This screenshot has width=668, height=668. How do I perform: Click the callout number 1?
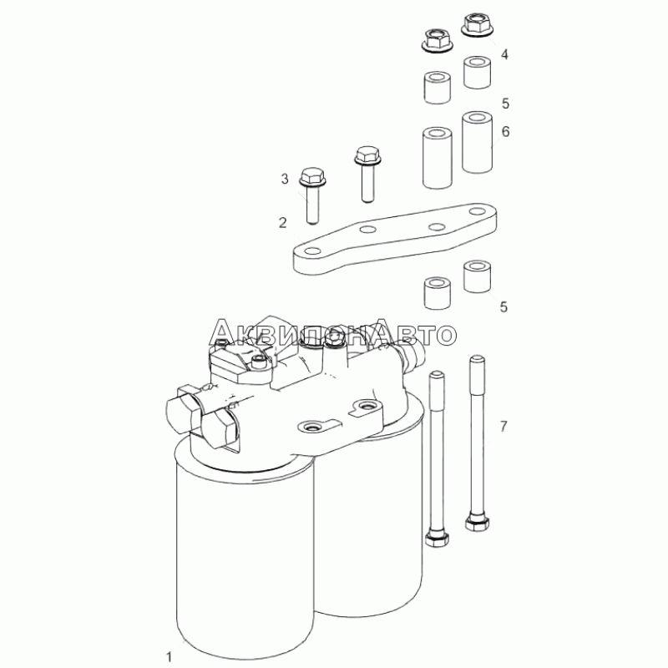[170, 657]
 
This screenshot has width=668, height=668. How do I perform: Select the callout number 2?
[283, 222]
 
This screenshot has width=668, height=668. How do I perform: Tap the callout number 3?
[285, 179]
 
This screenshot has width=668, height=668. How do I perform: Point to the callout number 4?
[504, 54]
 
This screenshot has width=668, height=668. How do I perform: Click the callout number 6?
[505, 131]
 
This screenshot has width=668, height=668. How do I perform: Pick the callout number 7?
[504, 426]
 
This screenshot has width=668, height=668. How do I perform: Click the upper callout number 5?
[505, 103]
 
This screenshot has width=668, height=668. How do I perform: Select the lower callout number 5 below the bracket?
[504, 306]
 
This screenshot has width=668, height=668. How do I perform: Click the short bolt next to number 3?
[312, 195]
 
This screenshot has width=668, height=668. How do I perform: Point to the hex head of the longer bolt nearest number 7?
[477, 523]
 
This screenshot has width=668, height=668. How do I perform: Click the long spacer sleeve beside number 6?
[477, 142]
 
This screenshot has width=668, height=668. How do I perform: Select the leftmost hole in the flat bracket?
[312, 250]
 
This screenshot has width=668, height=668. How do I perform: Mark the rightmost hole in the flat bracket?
[476, 211]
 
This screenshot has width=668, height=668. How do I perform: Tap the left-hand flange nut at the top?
[437, 42]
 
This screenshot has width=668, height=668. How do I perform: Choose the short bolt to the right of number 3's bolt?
[367, 174]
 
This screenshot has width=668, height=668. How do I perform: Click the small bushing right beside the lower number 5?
[477, 276]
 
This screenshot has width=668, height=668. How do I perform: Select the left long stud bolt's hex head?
[437, 538]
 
